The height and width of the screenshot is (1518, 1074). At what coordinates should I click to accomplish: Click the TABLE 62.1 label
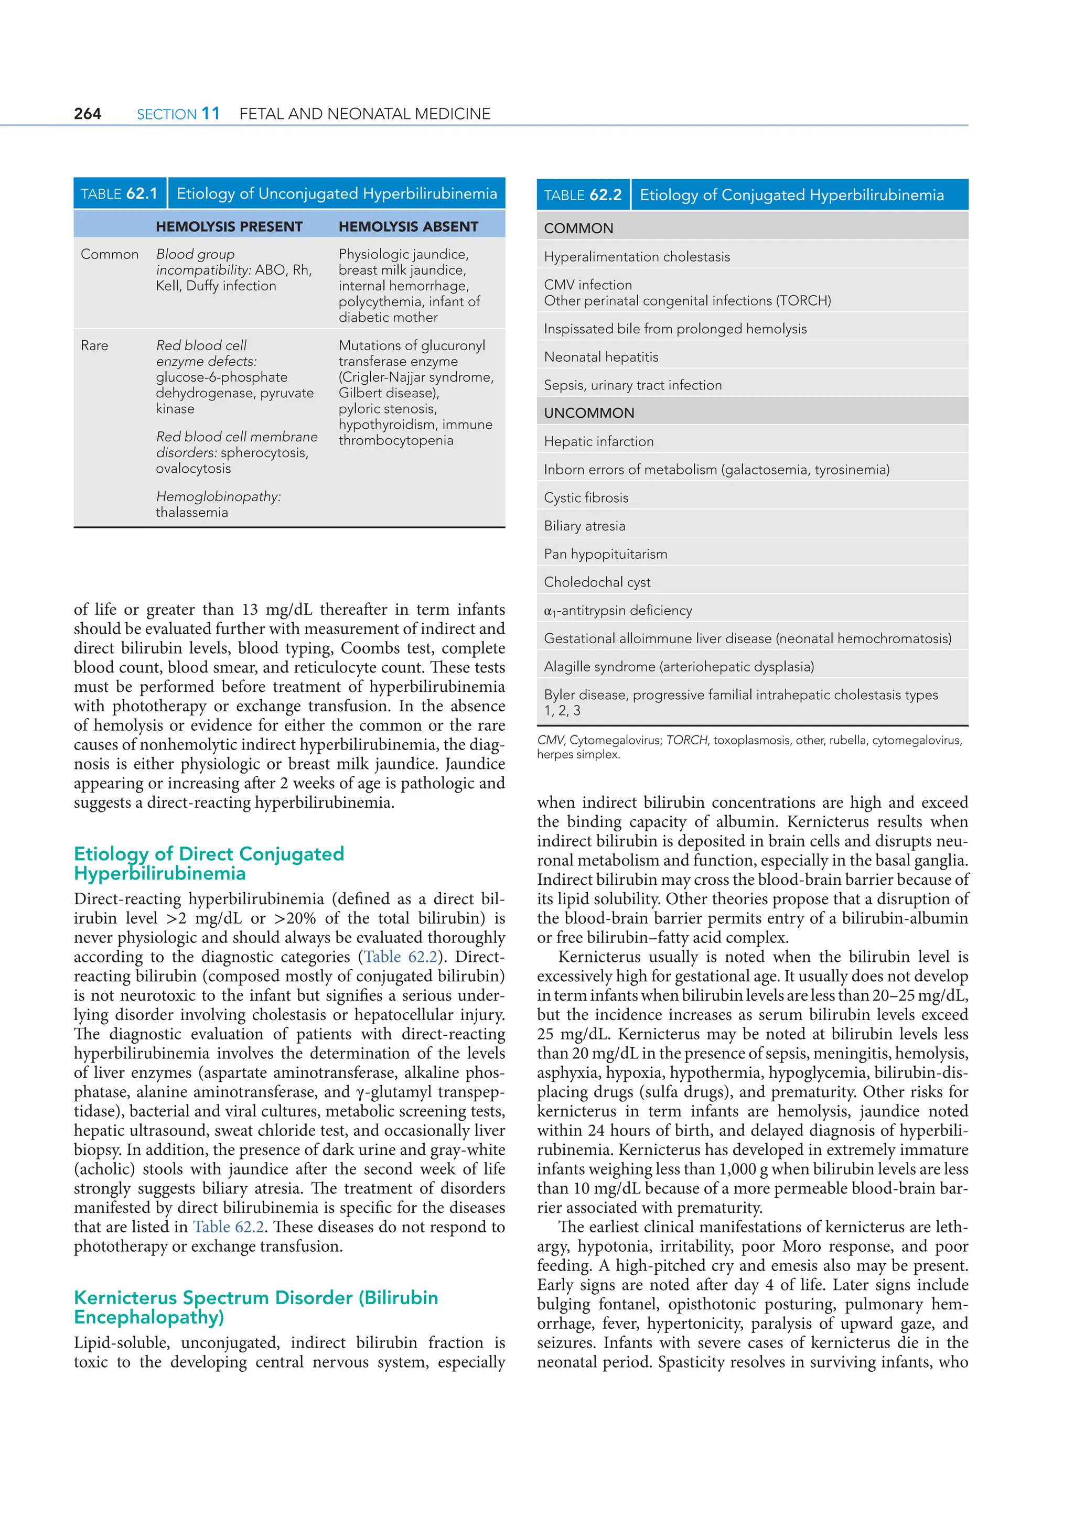click(x=119, y=194)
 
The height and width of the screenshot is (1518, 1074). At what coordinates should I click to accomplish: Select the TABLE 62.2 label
click(x=583, y=195)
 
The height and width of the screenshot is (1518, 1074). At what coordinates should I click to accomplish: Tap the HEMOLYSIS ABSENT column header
click(x=408, y=227)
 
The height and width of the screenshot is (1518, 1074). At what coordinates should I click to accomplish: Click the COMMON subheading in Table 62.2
click(x=578, y=229)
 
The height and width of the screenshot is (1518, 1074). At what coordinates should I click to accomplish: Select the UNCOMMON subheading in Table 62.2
click(x=588, y=413)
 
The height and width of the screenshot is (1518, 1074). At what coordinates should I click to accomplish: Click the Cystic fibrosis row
click(x=586, y=498)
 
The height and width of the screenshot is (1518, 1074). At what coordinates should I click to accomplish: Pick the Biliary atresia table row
click(x=585, y=526)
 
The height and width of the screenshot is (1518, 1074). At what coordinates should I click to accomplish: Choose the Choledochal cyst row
click(x=597, y=582)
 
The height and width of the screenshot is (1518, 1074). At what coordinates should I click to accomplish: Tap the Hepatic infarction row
click(x=598, y=442)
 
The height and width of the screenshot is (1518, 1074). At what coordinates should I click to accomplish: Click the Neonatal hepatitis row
click(x=601, y=357)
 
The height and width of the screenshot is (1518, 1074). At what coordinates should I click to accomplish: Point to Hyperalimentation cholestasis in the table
click(x=637, y=256)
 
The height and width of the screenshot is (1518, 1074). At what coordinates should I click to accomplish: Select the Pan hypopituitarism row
click(x=605, y=554)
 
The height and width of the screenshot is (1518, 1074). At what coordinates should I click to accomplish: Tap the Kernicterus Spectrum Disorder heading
click(x=255, y=1307)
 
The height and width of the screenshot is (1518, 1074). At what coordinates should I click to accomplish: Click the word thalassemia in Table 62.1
click(x=192, y=513)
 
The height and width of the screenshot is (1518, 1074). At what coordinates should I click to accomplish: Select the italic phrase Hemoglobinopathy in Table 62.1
click(x=218, y=496)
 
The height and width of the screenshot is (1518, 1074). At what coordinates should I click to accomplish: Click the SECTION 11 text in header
click(x=178, y=114)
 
